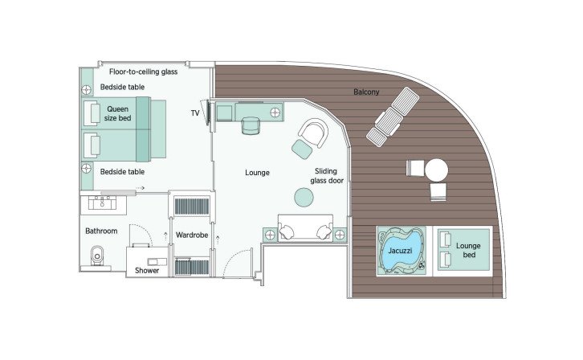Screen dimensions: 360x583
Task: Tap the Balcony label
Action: pos(366,92)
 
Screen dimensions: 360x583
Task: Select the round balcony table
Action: pos(437,170)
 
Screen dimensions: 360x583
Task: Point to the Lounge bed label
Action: pos(467,250)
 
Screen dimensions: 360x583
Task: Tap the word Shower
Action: pos(147,270)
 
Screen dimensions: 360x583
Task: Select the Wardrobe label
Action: pos(192,235)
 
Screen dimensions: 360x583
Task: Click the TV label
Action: pos(195,113)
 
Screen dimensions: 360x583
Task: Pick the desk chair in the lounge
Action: pos(252,125)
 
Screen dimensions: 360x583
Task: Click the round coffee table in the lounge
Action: pos(304,197)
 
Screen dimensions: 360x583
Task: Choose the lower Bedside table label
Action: pos(122,171)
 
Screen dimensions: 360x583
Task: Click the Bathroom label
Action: pos(102,231)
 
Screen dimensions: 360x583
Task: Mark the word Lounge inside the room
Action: pos(257,172)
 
